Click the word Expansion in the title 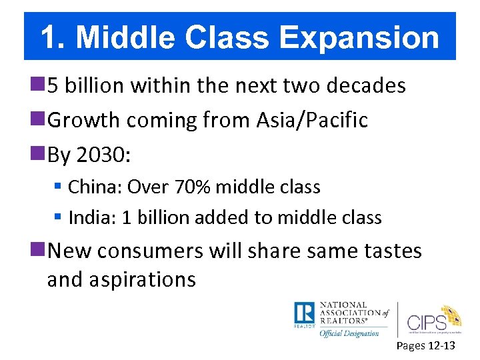[360, 37]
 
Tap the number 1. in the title [53, 37]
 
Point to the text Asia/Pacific [312, 120]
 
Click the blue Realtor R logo [303, 313]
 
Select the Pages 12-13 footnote [425, 345]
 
